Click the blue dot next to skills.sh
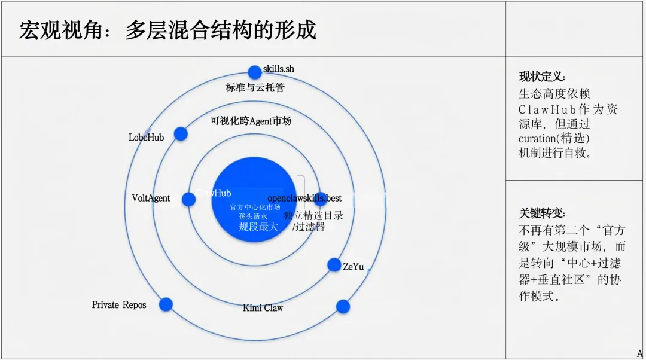click(255, 72)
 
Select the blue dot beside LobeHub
click(181, 134)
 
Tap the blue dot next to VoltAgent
click(188, 199)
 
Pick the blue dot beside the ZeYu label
click(334, 265)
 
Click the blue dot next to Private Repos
click(166, 304)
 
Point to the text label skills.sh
click(279, 69)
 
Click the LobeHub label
click(146, 138)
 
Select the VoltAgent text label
click(151, 198)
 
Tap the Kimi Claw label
click(263, 308)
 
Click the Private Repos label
click(119, 305)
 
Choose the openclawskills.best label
click(304, 198)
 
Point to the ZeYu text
click(353, 267)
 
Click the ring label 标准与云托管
click(255, 88)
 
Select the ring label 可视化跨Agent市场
click(251, 121)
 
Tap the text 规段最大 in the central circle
click(258, 227)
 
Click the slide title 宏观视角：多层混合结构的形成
click(167, 30)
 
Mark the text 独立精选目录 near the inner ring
click(313, 215)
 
